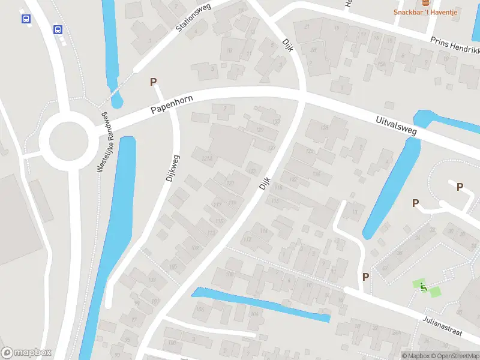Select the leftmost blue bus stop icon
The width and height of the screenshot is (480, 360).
(x=26, y=19)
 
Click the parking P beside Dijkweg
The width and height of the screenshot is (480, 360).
(x=153, y=82)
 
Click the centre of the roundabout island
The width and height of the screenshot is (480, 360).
(x=65, y=139)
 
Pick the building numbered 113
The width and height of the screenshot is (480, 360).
(x=211, y=233)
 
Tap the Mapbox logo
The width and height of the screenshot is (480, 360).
(x=26, y=353)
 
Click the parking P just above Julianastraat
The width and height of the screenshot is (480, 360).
(x=365, y=277)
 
